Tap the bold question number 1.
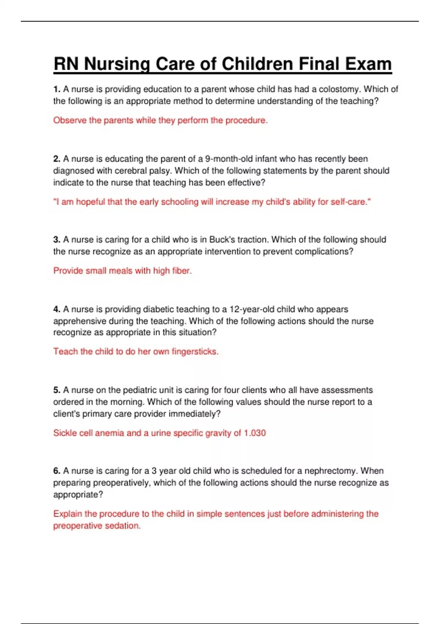(56, 89)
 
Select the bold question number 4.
(56, 309)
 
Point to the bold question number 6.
(56, 471)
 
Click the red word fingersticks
(195, 352)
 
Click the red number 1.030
(255, 433)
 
